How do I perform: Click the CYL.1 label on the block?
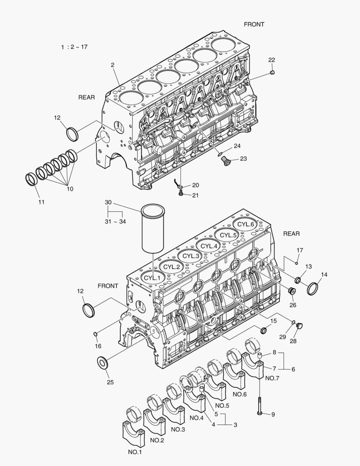coord(152,277)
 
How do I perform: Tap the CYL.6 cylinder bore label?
coord(246,224)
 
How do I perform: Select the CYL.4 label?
coord(209,246)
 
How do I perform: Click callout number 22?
coord(272,60)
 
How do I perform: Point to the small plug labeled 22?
coord(272,73)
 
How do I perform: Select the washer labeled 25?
coord(103,362)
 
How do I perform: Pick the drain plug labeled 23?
coord(224,161)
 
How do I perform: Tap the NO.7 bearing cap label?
coord(272,378)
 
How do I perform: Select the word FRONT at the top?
coord(254,25)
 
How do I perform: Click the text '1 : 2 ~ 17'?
coord(74,47)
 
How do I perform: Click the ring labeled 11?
coord(32,178)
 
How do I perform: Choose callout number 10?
coord(70,188)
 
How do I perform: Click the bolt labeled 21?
coord(181,195)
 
